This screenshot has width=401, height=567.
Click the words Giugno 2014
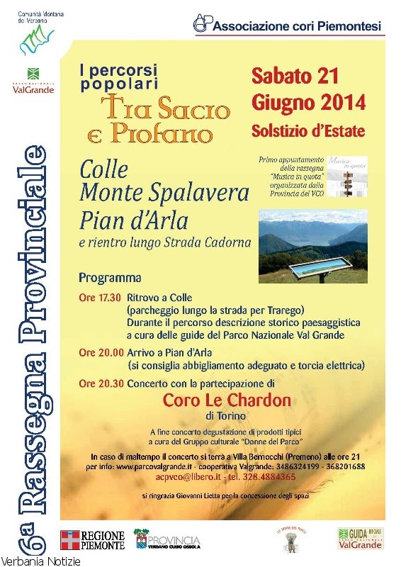point(308,103)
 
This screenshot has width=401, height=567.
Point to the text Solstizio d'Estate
point(308,131)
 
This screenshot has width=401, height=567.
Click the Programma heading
point(110,277)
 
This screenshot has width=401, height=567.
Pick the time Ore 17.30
point(100,298)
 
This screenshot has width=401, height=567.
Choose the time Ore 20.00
point(100,352)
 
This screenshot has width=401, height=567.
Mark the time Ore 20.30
point(100,383)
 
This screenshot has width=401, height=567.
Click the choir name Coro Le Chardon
point(227,400)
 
